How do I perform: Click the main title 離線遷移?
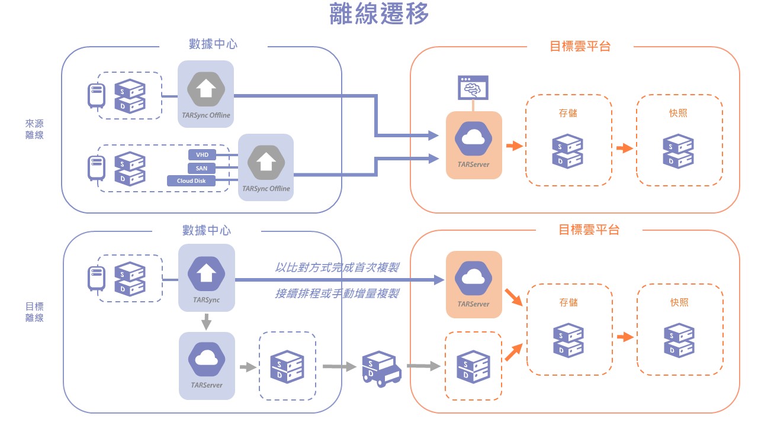(x=379, y=15)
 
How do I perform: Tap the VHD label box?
(x=202, y=155)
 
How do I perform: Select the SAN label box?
(x=202, y=168)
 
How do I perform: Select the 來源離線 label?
(x=34, y=129)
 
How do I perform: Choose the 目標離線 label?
(x=34, y=312)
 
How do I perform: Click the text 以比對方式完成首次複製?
(x=336, y=267)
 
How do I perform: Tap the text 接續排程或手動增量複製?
(x=336, y=293)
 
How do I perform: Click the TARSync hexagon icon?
(x=206, y=273)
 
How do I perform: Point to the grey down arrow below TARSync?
(x=206, y=322)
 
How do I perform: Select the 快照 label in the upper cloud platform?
(x=678, y=113)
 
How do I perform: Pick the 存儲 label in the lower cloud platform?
(x=568, y=302)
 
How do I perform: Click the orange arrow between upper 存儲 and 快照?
(x=624, y=148)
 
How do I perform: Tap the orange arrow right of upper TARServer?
(x=514, y=146)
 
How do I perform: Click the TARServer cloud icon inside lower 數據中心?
(x=206, y=359)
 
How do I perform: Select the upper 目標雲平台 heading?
(x=580, y=46)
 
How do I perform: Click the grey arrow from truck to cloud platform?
(x=424, y=367)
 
